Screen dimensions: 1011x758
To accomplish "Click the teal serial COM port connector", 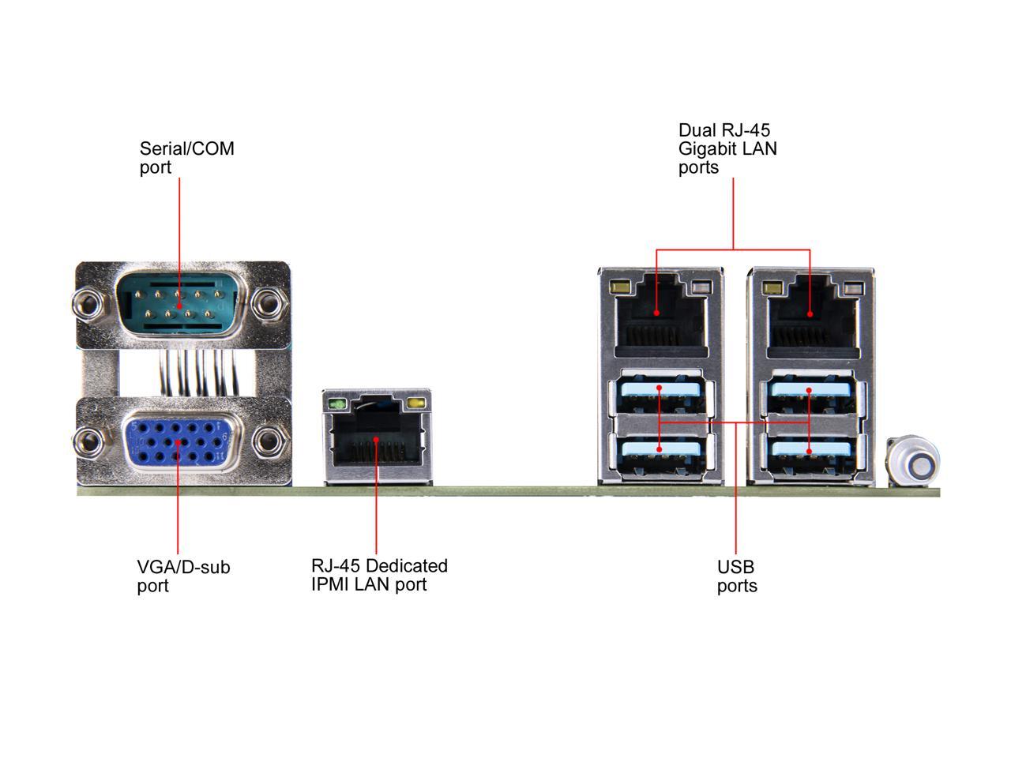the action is (181, 305).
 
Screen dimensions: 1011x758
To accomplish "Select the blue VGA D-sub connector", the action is (181, 443).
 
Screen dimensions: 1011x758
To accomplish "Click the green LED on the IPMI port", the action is (337, 404).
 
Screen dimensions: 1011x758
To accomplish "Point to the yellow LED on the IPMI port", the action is (416, 403).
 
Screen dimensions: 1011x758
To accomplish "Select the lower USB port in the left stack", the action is (660, 455).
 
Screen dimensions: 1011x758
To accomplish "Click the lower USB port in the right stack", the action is (810, 455).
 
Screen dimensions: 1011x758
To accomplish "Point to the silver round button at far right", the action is (912, 460).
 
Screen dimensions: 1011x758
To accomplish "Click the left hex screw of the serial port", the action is (88, 304).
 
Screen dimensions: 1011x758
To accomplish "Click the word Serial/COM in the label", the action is (187, 148).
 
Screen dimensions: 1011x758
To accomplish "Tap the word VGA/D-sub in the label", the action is (183, 567).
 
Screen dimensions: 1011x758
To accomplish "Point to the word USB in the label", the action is (735, 567).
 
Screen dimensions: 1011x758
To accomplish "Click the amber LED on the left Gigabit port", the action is (619, 287).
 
